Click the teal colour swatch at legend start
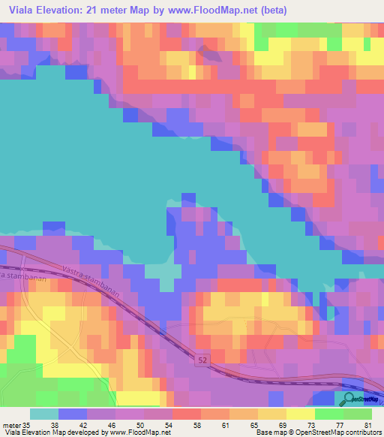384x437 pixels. [43, 414]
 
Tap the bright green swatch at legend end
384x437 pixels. [358, 414]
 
